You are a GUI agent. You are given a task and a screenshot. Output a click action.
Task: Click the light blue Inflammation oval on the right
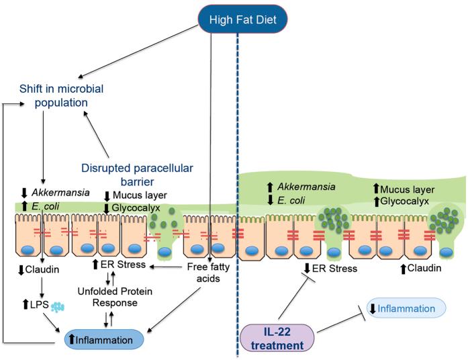pos(405,309)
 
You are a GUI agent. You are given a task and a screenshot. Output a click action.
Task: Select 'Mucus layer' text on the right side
pos(409,190)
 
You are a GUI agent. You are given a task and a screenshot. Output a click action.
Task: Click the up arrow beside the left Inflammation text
pos(71,340)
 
